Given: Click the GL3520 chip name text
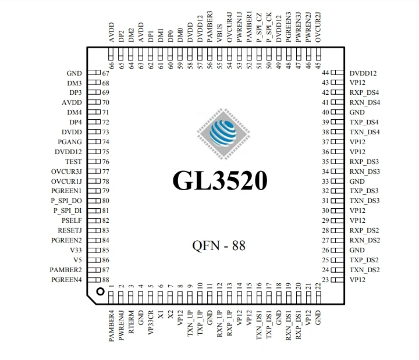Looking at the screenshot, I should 220,181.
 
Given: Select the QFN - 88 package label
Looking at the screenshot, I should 219,246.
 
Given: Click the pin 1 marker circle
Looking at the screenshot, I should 100,291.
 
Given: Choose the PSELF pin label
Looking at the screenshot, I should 72,220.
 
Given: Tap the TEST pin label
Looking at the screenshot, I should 73,161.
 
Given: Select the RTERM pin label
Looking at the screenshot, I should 131,322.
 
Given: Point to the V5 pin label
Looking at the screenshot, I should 77,260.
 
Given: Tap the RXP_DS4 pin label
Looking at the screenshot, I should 365,92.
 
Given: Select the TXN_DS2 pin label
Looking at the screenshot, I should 365,270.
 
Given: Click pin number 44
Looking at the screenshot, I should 325,73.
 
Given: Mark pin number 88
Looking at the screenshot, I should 106,280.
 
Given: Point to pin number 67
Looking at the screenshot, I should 106,74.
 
